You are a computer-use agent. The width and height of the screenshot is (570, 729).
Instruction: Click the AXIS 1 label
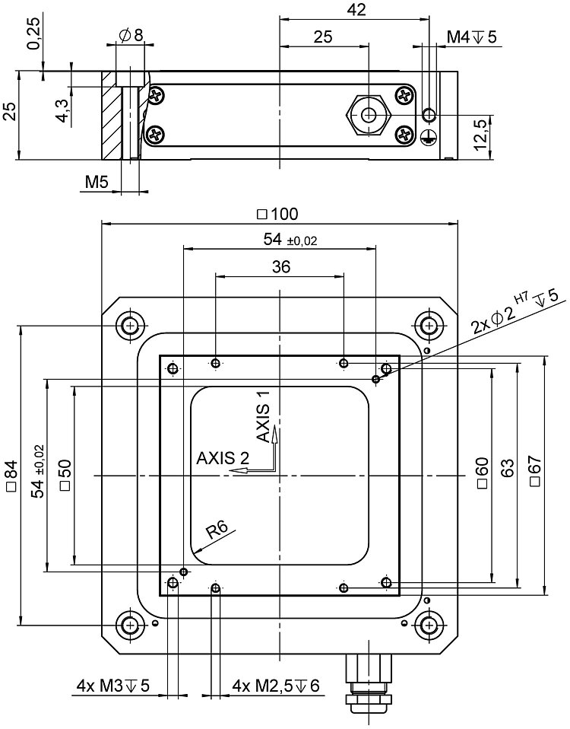click(x=263, y=416)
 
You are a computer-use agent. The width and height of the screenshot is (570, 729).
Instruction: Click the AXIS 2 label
click(x=222, y=458)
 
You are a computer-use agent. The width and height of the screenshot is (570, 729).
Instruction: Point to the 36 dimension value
click(x=280, y=266)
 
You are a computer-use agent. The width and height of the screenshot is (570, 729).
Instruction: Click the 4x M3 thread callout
click(x=113, y=686)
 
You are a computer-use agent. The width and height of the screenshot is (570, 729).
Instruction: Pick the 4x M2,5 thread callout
click(x=276, y=686)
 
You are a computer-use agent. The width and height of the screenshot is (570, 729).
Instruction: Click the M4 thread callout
click(x=471, y=37)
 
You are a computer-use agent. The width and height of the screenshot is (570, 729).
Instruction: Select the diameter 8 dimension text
click(x=131, y=34)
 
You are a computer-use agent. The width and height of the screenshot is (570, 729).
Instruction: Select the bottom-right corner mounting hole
click(x=429, y=626)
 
